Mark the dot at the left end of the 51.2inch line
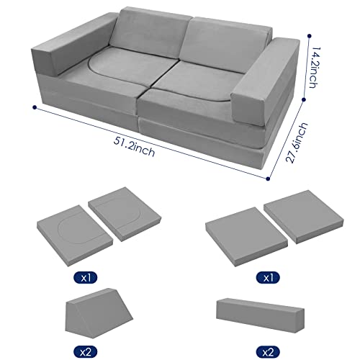click(34, 107)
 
